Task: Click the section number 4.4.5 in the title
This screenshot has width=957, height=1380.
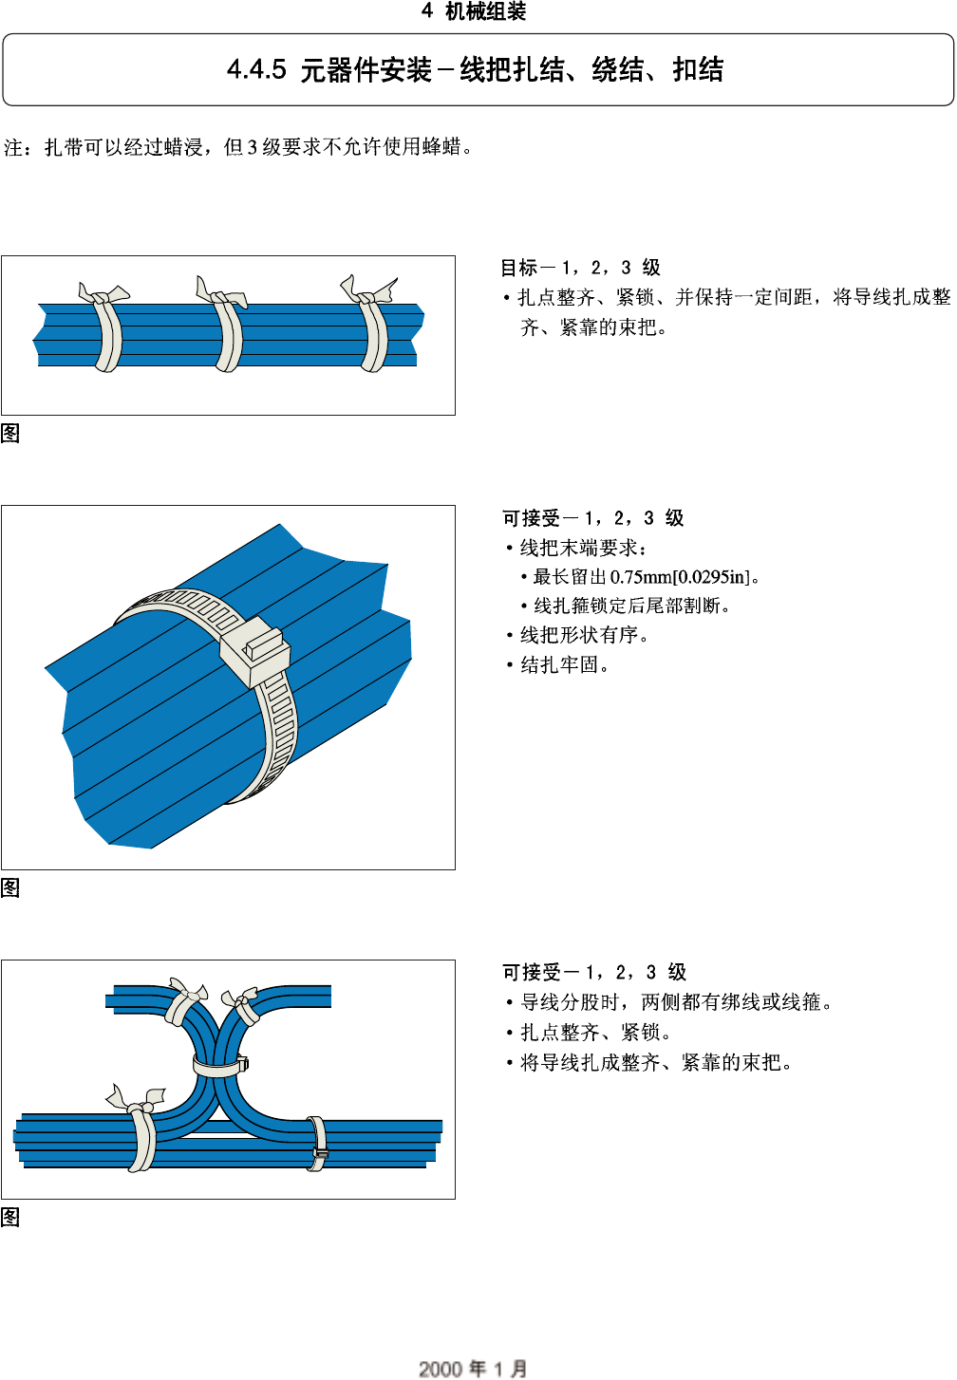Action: (x=256, y=69)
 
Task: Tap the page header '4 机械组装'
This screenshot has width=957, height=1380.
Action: (x=474, y=11)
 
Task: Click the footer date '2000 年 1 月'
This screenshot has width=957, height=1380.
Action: (x=473, y=1368)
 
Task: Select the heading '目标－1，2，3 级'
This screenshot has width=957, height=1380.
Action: (x=580, y=268)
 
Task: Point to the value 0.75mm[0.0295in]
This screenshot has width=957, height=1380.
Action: (x=680, y=577)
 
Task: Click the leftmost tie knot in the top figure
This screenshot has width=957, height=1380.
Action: (x=103, y=295)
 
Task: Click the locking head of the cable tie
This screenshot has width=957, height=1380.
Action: (x=254, y=651)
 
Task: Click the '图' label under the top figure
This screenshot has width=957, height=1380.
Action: (x=10, y=434)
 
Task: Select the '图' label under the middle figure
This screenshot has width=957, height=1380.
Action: (x=10, y=888)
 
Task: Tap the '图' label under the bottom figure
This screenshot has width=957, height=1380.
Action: (x=10, y=1218)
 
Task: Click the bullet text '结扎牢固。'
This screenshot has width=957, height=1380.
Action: (x=565, y=665)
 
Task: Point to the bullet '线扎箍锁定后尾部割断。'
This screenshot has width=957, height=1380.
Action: (x=632, y=606)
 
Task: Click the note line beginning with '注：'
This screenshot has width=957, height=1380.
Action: (x=237, y=147)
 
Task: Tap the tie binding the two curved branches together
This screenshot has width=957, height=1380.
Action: (x=218, y=1065)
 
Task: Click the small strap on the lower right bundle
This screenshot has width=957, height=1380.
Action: (x=318, y=1143)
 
